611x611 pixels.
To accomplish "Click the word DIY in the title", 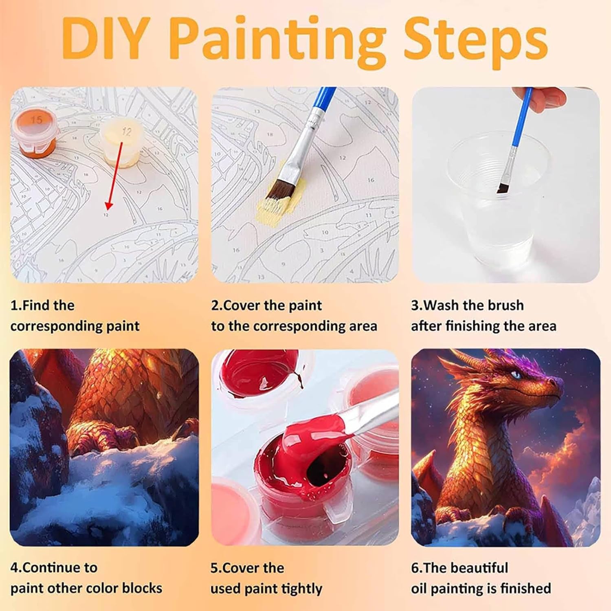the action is click(x=104, y=38).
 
